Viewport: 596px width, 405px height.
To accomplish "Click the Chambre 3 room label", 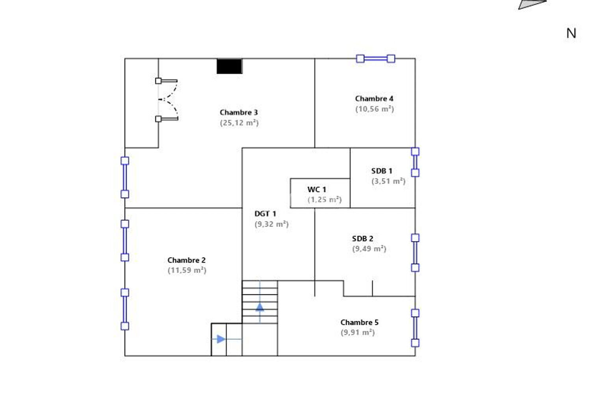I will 239,112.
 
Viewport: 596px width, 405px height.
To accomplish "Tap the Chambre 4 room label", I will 374,99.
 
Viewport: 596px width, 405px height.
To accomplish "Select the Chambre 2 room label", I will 186,260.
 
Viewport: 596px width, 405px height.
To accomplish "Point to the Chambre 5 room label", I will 359,322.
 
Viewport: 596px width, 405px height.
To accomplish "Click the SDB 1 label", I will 382,171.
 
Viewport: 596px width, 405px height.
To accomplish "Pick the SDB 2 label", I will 362,239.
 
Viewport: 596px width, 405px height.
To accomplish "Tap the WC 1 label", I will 317,190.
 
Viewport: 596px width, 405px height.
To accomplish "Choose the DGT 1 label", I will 265,214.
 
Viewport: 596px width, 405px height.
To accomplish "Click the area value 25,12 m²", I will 239,123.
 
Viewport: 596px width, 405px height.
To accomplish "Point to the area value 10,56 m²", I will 374,109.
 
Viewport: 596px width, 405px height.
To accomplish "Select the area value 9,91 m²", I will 358,333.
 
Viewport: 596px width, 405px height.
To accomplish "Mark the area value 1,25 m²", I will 325,200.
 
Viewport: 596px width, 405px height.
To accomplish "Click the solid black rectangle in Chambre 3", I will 229,66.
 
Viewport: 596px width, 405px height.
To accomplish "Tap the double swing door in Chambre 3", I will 167,100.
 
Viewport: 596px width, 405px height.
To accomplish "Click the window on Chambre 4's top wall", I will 375,59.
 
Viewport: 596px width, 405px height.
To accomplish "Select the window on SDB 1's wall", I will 415,162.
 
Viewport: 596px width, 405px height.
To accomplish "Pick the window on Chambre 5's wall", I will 415,328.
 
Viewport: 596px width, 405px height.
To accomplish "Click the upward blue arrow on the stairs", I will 260,307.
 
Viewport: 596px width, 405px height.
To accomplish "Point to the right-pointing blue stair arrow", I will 221,339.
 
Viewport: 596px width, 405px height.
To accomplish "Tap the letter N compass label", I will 571,33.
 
